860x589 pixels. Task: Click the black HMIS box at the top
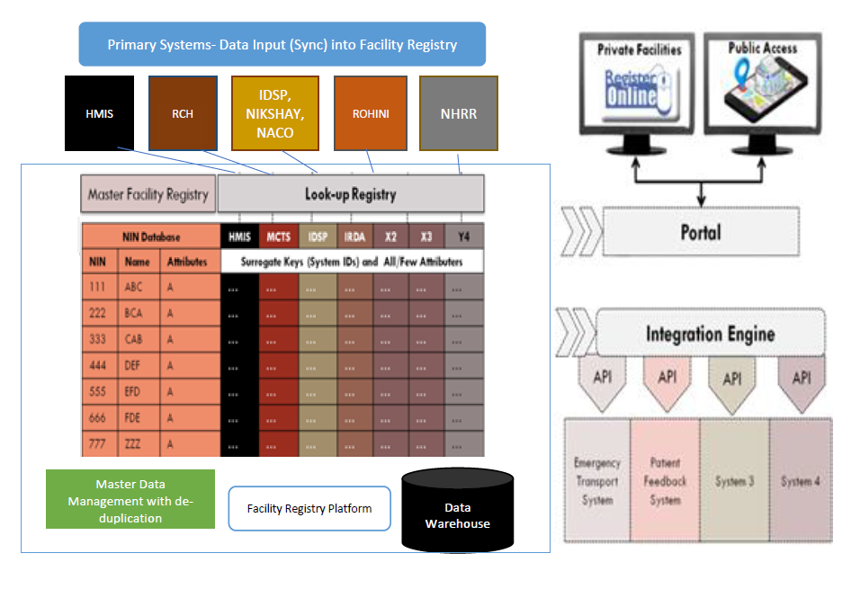coord(99,112)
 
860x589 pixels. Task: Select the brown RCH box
coord(183,112)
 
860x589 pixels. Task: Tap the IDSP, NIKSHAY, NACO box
coord(275,112)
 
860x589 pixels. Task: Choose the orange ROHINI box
coord(370,112)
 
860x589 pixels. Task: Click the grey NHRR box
coord(458,112)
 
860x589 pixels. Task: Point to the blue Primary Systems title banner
coord(282,44)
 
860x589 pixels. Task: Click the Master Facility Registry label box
coord(148,194)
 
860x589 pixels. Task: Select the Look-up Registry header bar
coord(351,194)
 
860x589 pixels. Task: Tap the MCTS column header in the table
coord(278,236)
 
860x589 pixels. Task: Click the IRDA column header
coord(354,236)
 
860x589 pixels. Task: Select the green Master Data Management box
coord(130,498)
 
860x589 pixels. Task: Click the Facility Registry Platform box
coord(309,508)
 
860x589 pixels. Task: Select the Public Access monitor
coord(762,87)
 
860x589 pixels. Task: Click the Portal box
coord(700,232)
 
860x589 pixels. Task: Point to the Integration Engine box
coord(710,334)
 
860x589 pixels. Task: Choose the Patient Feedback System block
coord(665,480)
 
